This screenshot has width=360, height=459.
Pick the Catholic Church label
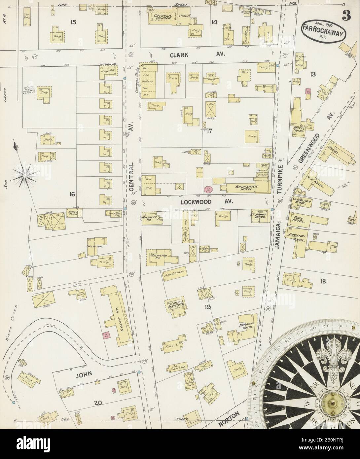click(162, 18)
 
